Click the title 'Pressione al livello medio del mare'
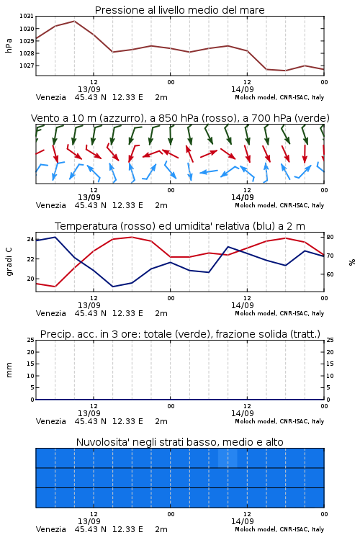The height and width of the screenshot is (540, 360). [179, 10]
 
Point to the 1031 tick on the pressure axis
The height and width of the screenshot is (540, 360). [26, 16]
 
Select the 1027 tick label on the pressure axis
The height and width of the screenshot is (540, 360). [26, 66]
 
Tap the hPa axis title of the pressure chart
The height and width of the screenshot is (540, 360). [9, 45]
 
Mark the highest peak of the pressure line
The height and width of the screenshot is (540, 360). [74, 21]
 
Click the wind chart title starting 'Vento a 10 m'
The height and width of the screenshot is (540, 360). [180, 118]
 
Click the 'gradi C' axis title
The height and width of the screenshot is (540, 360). [9, 262]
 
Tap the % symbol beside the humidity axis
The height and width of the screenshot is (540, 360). [352, 262]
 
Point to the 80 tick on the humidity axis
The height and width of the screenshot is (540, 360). [330, 237]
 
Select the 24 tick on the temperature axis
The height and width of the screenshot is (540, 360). [30, 239]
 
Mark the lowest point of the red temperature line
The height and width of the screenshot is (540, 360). [55, 287]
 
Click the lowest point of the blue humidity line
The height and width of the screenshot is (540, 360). [112, 287]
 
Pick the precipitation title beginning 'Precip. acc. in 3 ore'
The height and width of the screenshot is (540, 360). [180, 334]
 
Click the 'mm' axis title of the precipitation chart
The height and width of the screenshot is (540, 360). [9, 370]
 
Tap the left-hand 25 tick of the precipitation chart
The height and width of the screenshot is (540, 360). [31, 340]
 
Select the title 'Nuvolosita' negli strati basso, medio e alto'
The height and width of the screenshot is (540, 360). [180, 442]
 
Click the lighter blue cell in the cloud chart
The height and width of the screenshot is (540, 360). [228, 458]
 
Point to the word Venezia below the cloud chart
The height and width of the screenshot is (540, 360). [51, 529]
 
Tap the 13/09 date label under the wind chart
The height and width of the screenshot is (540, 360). [89, 197]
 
